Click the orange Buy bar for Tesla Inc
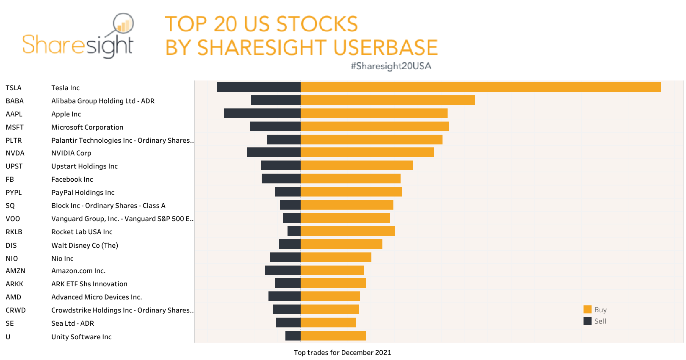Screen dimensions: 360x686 pyautogui.click(x=481, y=87)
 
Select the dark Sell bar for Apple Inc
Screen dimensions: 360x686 pyautogui.click(x=262, y=114)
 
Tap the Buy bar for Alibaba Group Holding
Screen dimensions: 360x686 pyautogui.click(x=387, y=100)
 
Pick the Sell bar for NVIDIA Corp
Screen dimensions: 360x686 pyautogui.click(x=274, y=152)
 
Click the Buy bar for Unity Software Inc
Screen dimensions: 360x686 pyautogui.click(x=333, y=336)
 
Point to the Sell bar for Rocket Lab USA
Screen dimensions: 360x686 pyautogui.click(x=294, y=231)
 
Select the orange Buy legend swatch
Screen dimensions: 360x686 pyautogui.click(x=587, y=310)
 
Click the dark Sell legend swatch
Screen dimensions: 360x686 pyautogui.click(x=587, y=321)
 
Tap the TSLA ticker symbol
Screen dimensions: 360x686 pyautogui.click(x=14, y=88)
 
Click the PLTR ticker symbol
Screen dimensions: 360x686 pyautogui.click(x=14, y=141)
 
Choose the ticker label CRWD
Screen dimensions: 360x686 pyautogui.click(x=16, y=310)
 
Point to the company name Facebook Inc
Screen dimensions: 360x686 pyautogui.click(x=72, y=180)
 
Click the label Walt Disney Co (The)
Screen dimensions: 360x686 pyautogui.click(x=85, y=246)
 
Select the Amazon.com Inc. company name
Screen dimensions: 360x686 pyautogui.click(x=78, y=271)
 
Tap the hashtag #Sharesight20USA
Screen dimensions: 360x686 pyautogui.click(x=390, y=66)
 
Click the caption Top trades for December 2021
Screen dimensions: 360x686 pyautogui.click(x=342, y=353)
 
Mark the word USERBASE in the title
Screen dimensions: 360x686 pyautogui.click(x=385, y=47)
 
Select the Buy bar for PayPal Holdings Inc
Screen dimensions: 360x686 pyautogui.click(x=351, y=192)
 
